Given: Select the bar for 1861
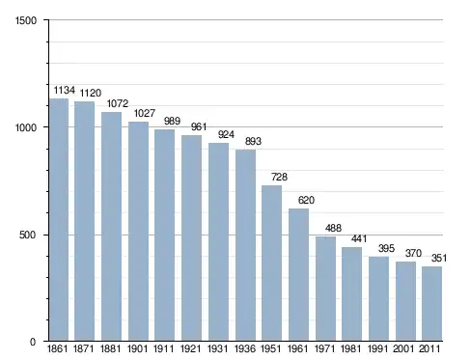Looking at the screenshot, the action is point(59,219).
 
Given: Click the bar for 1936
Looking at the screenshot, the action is point(246,245).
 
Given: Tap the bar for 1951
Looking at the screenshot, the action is point(271,263).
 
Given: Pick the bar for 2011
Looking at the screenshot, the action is point(431,303).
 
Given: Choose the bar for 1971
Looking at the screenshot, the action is point(325,289).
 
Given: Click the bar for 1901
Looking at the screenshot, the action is point(138,231).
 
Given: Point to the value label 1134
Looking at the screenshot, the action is point(65,90).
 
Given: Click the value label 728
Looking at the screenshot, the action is point(279,177).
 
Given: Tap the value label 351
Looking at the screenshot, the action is point(439,258).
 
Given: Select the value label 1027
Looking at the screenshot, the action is point(145,113).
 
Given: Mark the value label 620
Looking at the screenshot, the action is point(306,200).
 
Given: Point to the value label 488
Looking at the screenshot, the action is point(333,228).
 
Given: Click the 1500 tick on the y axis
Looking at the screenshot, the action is point(26,20).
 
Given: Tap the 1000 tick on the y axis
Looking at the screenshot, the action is point(26,127).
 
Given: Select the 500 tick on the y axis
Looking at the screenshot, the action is point(27,235).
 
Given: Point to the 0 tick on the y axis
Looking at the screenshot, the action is point(33,342).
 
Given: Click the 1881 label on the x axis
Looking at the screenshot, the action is point(110,348).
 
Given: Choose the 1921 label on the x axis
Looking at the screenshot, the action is point(191,348).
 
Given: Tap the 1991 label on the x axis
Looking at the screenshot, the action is point(378,348).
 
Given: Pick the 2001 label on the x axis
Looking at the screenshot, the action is point(403,348).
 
